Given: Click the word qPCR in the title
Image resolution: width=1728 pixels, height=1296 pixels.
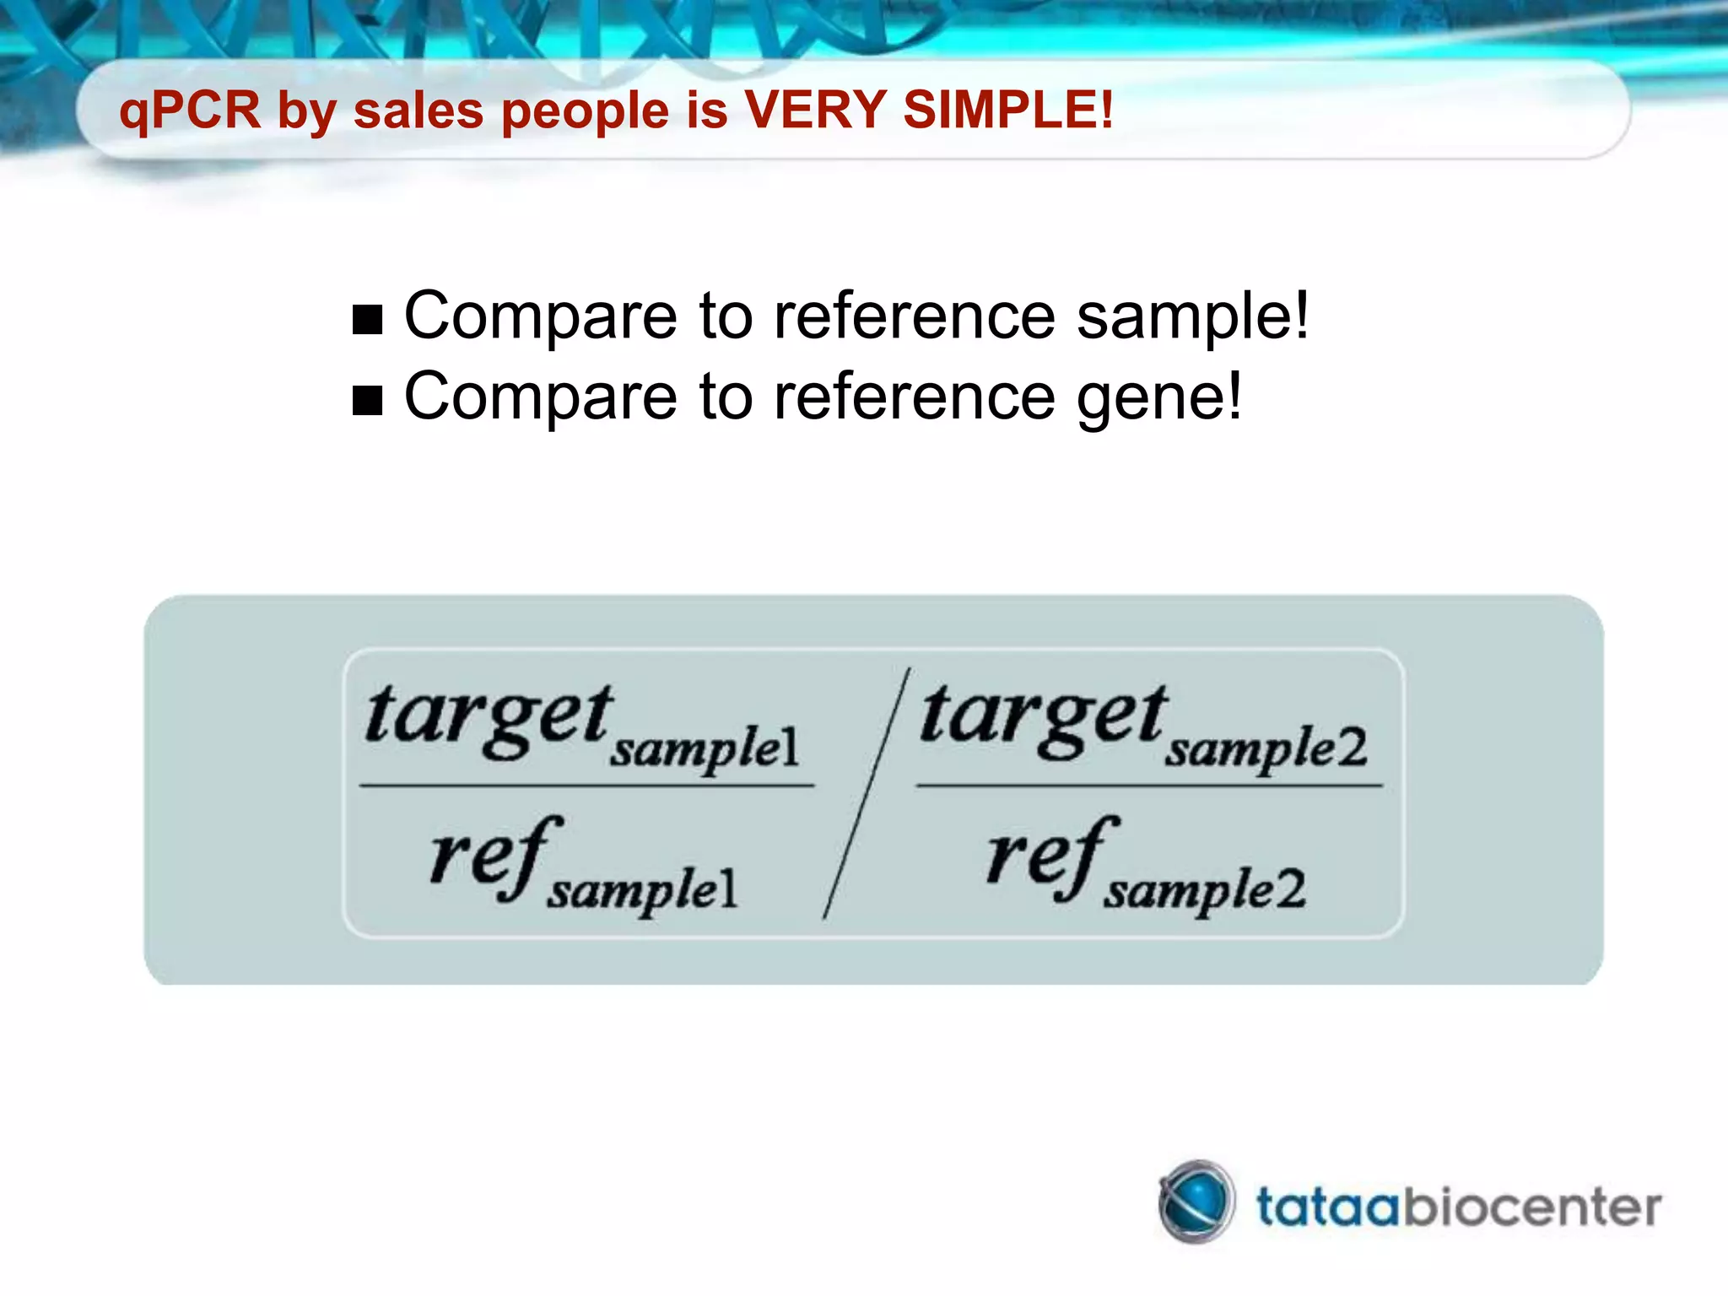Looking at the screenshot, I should point(190,111).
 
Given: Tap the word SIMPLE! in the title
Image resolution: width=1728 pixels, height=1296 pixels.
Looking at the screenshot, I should point(1007,110).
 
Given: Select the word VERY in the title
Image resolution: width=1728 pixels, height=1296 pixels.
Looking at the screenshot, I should point(813,110).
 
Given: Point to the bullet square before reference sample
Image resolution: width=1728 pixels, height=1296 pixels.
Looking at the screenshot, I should point(368,320).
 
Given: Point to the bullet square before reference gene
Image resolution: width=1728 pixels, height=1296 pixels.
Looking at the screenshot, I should point(368,401).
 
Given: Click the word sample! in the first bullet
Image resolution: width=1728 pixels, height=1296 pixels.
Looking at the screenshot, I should point(1192,316).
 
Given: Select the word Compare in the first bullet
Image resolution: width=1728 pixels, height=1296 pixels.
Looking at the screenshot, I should point(540,316).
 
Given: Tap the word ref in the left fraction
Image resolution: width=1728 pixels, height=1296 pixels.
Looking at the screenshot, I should point(494,856).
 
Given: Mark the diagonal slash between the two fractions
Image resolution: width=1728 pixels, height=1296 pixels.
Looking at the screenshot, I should point(866,793).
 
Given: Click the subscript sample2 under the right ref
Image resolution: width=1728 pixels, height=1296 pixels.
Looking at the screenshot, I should point(1205,891).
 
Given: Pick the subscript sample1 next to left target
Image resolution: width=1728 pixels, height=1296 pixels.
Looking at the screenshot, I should point(705,748).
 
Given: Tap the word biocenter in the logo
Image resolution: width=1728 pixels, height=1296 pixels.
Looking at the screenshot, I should point(1531,1207).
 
